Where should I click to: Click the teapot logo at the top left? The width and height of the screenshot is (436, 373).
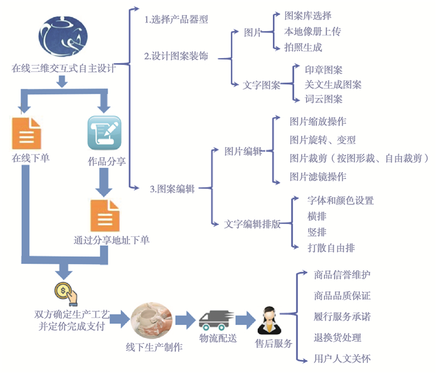62,34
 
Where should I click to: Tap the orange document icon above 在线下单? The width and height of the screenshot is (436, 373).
26,132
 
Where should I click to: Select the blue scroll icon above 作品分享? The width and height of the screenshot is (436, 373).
104,132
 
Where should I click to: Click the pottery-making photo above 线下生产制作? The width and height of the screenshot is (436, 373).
151,320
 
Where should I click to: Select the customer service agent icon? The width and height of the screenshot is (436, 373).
269,321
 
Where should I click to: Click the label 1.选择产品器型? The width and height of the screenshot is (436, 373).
176,19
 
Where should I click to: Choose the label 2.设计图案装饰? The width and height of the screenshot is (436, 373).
176,56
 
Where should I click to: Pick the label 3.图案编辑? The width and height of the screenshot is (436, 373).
173,188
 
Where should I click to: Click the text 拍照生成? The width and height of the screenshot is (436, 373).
303,47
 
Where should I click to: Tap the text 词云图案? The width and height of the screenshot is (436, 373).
323,99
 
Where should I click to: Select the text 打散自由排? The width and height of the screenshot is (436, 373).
331,248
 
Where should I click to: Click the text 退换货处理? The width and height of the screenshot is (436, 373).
338,337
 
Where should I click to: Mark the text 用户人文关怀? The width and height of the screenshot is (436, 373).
343,359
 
